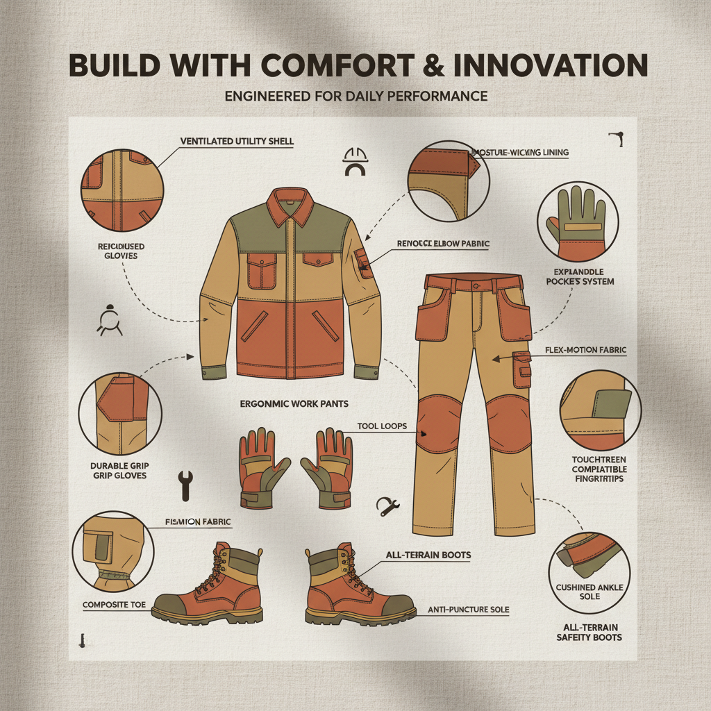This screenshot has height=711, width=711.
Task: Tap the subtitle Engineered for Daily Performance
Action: [x=356, y=96]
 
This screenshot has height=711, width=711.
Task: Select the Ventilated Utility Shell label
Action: [x=237, y=142]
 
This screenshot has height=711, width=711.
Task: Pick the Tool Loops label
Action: [x=382, y=426]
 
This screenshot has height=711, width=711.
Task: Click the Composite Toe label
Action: [x=114, y=605]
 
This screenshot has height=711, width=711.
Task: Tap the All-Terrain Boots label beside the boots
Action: [x=428, y=555]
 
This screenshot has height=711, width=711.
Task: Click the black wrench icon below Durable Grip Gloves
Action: [x=185, y=485]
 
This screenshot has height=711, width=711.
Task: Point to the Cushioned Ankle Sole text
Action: [x=590, y=592]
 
